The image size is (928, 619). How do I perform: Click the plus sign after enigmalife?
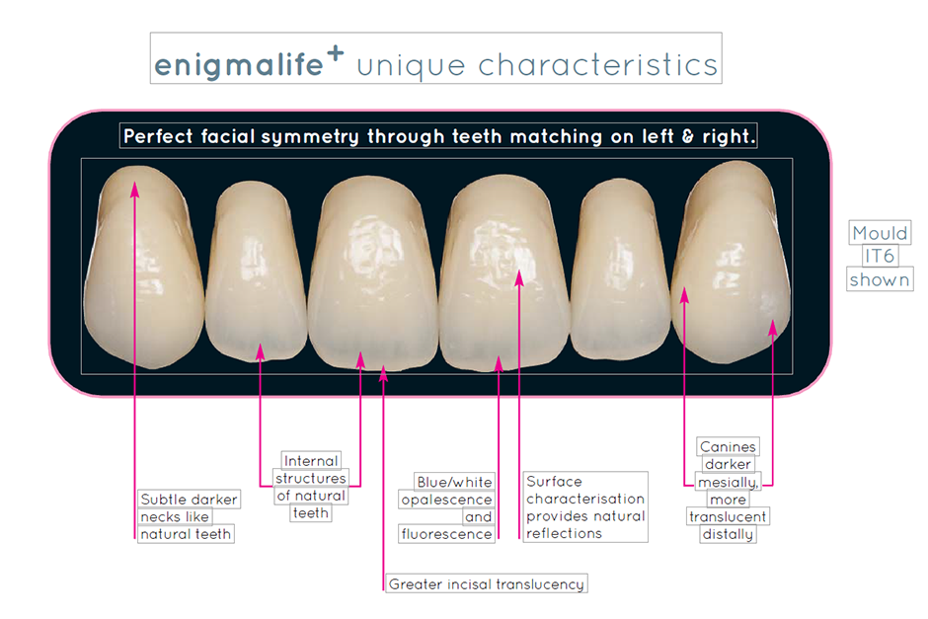tap(336, 52)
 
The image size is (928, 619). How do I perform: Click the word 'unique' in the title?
tap(412, 66)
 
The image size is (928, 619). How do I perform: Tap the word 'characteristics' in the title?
tap(597, 64)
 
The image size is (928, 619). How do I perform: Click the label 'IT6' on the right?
tap(880, 257)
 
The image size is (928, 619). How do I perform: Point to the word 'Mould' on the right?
tap(880, 233)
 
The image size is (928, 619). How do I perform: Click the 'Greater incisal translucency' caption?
tap(487, 584)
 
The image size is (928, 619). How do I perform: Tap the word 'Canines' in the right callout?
tap(728, 446)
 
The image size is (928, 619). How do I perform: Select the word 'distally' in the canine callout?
tap(728, 534)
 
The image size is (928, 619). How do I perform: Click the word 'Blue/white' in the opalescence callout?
tap(454, 483)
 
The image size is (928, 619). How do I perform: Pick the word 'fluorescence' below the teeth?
tap(447, 534)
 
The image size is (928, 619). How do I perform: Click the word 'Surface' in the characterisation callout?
tap(554, 481)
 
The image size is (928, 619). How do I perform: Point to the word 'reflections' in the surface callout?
tap(564, 533)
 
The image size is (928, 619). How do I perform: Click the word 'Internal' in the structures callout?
tap(311, 460)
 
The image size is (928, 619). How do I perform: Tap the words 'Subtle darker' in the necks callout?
tap(189, 500)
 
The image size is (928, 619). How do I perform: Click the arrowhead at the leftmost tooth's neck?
tap(135, 189)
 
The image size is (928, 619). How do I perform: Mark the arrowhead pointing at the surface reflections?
tap(519, 277)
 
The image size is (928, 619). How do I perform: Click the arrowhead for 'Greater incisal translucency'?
tap(383, 373)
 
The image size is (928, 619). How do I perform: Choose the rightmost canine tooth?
tap(732, 262)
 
